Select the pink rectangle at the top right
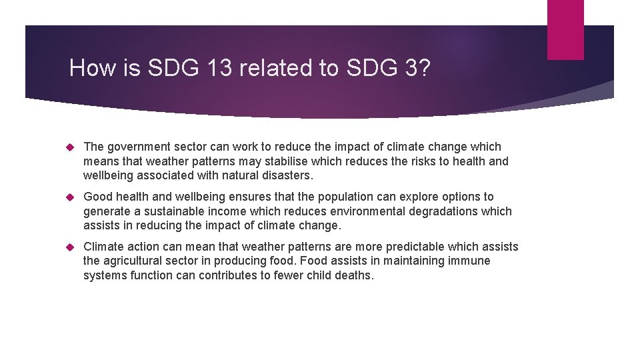click(565, 29)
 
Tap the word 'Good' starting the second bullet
click(98, 197)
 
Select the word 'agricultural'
click(139, 261)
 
